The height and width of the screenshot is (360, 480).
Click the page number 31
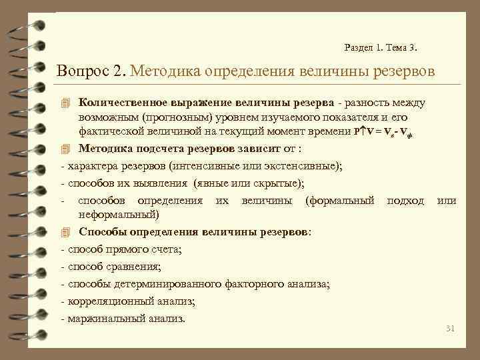[x=449, y=328]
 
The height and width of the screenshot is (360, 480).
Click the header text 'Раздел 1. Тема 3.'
[x=382, y=47]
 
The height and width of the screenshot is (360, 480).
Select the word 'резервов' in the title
[x=402, y=70]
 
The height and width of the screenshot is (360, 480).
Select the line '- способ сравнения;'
[x=111, y=267]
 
